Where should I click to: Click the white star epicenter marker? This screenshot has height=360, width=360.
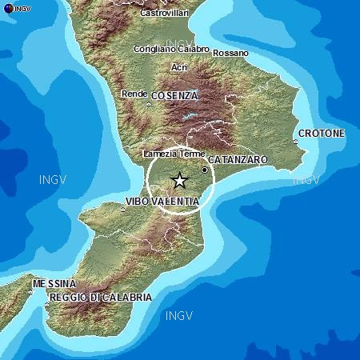pyautogui.click(x=179, y=181)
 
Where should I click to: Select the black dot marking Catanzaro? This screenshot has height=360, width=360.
pyautogui.click(x=205, y=170)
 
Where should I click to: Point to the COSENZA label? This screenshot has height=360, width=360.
pyautogui.click(x=173, y=95)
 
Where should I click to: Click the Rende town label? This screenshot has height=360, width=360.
pyautogui.click(x=133, y=94)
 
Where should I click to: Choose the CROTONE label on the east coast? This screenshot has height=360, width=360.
pyautogui.click(x=321, y=133)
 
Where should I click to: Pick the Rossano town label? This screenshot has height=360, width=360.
pyautogui.click(x=231, y=54)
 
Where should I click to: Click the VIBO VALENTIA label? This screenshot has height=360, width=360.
pyautogui.click(x=162, y=201)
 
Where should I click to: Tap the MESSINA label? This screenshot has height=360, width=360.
pyautogui.click(x=54, y=284)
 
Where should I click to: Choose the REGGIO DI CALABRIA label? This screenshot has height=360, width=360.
pyautogui.click(x=100, y=298)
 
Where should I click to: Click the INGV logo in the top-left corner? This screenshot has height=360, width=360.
pyautogui.click(x=16, y=7)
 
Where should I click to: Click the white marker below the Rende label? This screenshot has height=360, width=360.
pyautogui.click(x=149, y=103)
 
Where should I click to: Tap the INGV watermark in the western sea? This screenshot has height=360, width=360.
pyautogui.click(x=54, y=179)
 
